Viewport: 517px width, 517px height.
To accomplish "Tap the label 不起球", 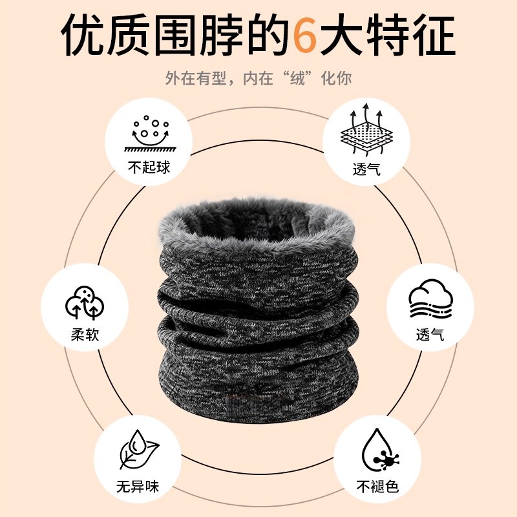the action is (149, 167).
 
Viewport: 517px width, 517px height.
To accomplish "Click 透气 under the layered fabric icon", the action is (367, 169).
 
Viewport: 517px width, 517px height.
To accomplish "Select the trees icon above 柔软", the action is (85, 301).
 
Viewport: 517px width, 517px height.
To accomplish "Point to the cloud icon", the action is (430, 298).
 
